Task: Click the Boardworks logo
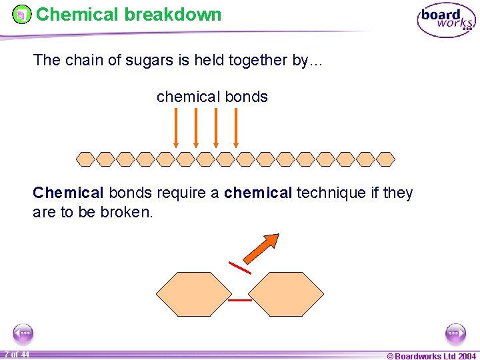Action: pos(446,21)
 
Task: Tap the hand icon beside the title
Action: pos(22,14)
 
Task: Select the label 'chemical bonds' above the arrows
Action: pos(212,97)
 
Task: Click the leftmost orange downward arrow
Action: pos(176,127)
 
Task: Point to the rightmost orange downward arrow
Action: pos(236,127)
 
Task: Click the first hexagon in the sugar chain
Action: pos(85,159)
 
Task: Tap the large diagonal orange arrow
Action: pos(261,248)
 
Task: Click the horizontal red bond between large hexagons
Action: pos(240,300)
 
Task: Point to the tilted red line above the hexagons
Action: pos(240,267)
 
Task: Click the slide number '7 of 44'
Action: pos(16,354)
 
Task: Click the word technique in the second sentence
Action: pos(331,193)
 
